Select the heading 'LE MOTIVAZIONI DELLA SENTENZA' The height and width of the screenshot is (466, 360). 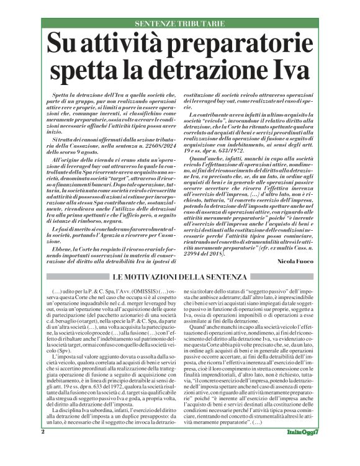click(179, 276)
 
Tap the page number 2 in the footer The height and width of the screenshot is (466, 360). click(43, 449)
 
